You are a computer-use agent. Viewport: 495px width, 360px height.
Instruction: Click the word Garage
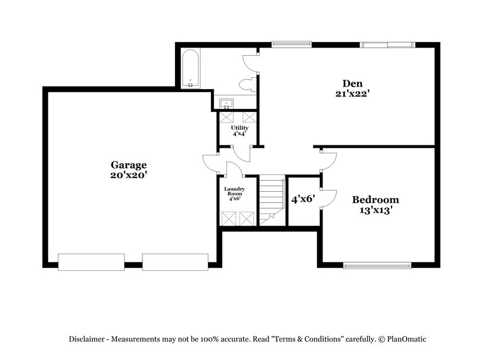[129, 165]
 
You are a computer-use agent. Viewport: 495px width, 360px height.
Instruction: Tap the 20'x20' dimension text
[129, 175]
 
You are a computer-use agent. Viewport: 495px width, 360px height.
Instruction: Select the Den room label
[353, 84]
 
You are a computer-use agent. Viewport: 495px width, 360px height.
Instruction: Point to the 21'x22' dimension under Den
[353, 94]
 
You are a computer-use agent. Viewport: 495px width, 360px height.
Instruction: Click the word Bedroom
[376, 200]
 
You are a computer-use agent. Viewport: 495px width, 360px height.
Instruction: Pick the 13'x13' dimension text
[376, 210]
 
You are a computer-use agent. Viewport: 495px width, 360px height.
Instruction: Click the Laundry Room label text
[235, 191]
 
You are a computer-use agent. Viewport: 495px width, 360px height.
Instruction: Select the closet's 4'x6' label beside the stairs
[303, 199]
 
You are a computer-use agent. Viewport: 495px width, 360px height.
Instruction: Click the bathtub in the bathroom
[190, 69]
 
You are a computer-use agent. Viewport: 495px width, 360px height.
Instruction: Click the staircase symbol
[270, 199]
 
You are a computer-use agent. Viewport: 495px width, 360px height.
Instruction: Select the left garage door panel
[91, 262]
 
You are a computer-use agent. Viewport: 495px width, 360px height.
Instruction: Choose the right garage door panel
[175, 262]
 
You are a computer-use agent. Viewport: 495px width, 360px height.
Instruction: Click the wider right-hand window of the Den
[387, 44]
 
